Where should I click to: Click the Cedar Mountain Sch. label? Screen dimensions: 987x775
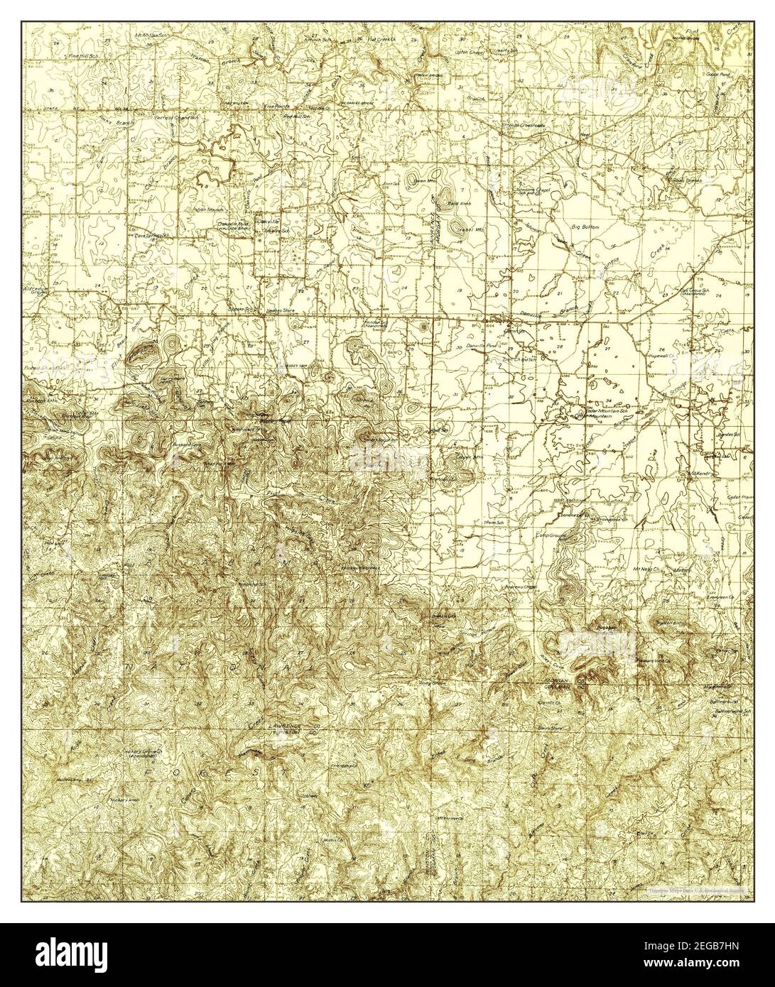pyautogui.click(x=604, y=411)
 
